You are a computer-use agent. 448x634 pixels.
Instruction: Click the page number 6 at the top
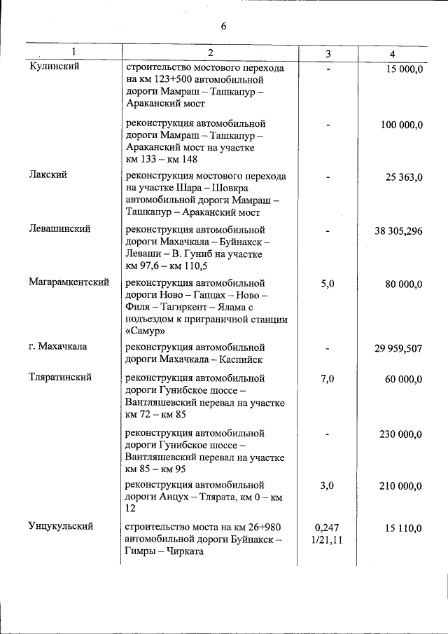click(223, 27)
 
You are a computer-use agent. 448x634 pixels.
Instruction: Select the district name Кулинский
click(55, 67)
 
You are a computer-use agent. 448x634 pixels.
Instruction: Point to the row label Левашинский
click(59, 228)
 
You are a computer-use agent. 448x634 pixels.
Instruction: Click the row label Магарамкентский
click(69, 282)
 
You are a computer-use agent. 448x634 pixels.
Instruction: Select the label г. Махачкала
click(58, 347)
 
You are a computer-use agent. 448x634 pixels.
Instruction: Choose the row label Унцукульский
click(61, 525)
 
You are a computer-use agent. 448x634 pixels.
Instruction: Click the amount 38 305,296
click(398, 230)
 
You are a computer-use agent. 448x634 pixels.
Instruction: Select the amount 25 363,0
click(404, 177)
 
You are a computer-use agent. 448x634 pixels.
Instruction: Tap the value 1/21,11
click(328, 540)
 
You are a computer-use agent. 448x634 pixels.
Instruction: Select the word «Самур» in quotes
click(146, 331)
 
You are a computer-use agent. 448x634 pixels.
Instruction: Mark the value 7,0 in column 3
click(328, 379)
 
